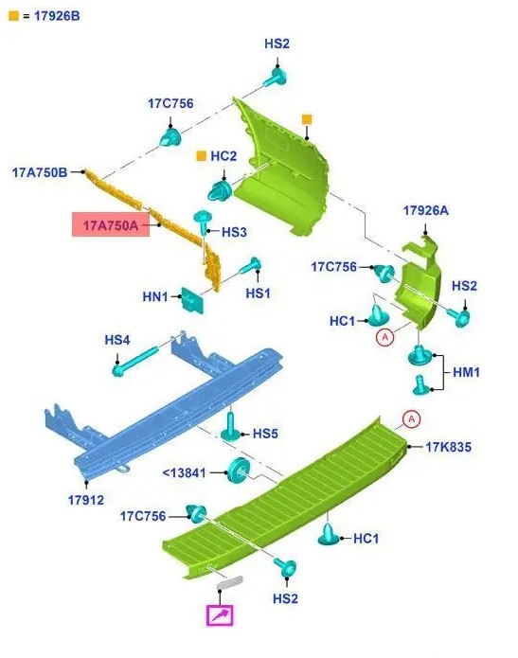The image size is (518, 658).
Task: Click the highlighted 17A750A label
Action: pos(111,225)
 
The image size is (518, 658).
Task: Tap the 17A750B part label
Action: pos(40,172)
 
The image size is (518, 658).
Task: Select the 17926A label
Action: pos(425,210)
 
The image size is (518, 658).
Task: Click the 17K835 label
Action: pos(448,447)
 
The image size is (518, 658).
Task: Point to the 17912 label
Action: pos(85,500)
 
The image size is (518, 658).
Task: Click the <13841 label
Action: pos(184,473)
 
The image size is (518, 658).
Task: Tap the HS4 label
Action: pos(117,340)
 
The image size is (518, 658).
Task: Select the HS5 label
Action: pos(265,434)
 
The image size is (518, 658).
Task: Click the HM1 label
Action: pos(466,372)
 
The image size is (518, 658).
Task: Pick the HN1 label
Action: pos(155,296)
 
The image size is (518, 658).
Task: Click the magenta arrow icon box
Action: pos(220,615)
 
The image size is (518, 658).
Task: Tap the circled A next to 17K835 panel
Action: pos(411,419)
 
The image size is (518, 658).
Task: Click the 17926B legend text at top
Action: pos(57,16)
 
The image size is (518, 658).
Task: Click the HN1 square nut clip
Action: pos(192,300)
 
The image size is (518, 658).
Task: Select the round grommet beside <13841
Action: pos(239,470)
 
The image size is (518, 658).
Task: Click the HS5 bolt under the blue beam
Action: pos(230,427)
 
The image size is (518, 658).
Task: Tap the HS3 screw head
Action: pos(203,218)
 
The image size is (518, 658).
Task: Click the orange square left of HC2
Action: pos(202,156)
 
